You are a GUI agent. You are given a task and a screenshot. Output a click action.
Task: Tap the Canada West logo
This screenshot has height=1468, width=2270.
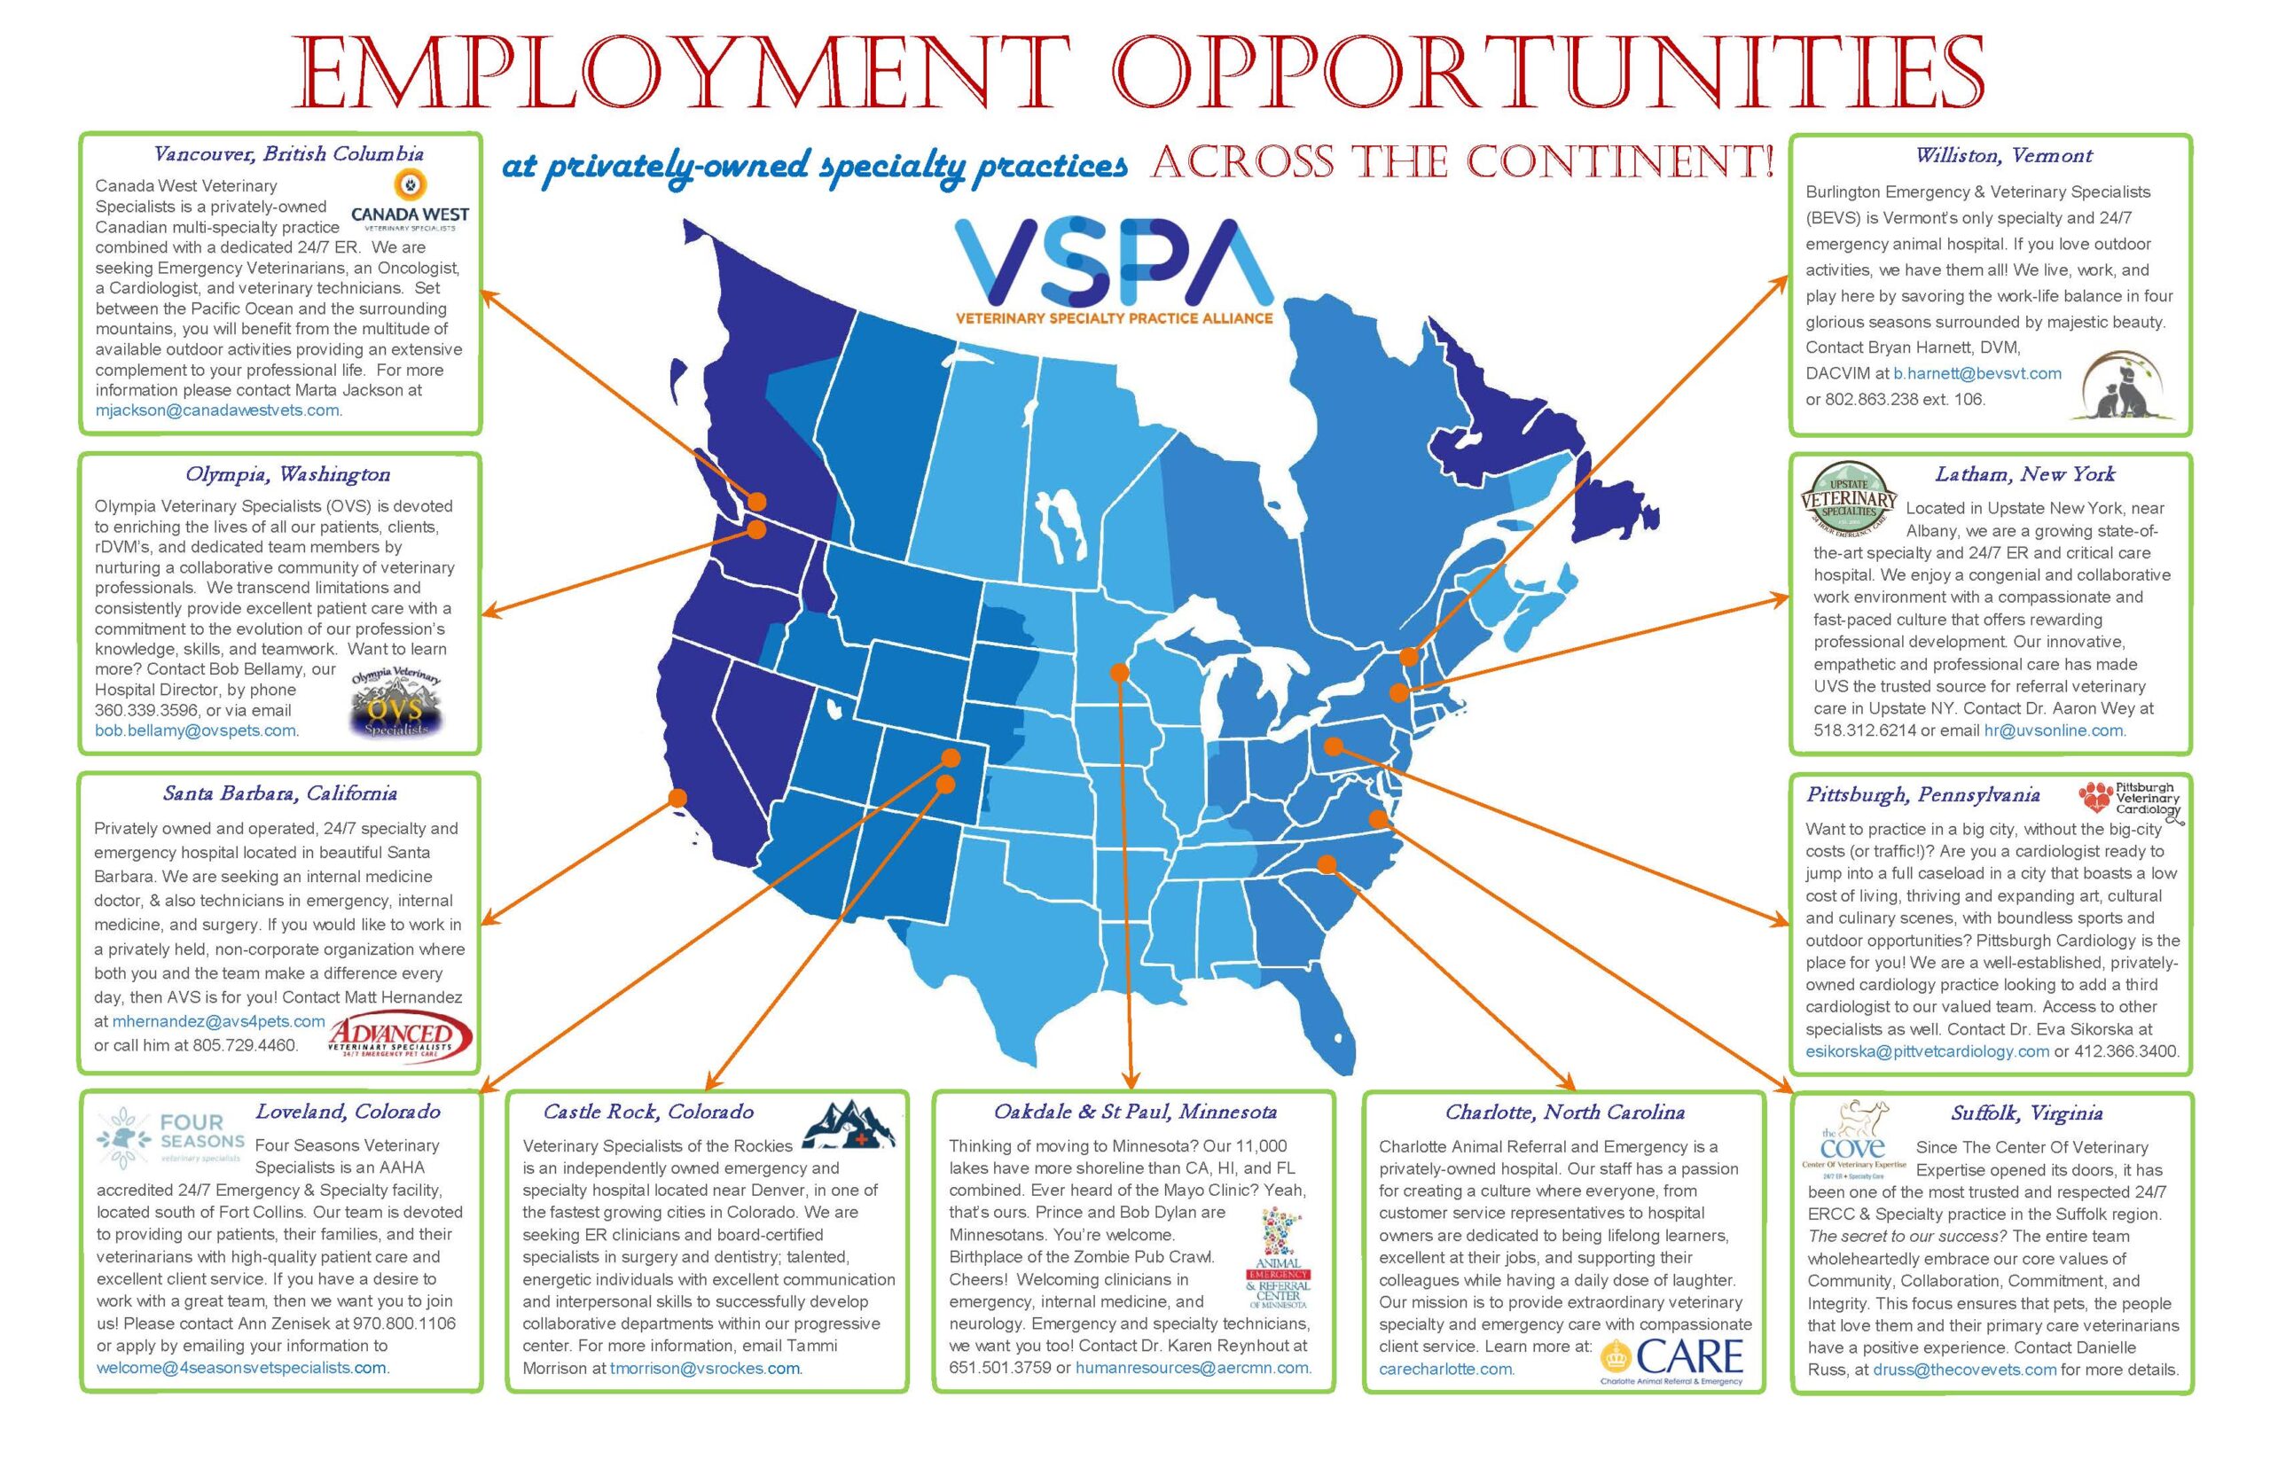[410, 201]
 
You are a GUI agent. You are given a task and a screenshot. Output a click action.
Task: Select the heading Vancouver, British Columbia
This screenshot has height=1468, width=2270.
[289, 154]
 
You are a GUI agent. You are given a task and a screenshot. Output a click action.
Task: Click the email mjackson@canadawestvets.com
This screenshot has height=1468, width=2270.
[218, 410]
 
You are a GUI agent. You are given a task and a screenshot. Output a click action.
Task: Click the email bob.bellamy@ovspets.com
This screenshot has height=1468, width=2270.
[195, 731]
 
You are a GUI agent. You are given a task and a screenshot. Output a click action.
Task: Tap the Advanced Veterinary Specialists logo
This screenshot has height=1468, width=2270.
[399, 1037]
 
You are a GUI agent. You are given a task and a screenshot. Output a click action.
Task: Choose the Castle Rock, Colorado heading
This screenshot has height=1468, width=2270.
[648, 1112]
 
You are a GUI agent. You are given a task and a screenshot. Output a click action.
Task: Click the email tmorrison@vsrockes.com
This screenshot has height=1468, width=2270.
[705, 1369]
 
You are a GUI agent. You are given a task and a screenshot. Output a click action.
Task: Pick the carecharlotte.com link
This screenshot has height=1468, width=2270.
[1445, 1370]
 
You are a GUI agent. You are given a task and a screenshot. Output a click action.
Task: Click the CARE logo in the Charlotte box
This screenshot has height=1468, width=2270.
[1673, 1357]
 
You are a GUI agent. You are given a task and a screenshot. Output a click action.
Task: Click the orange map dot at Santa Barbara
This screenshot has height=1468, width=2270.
[677, 798]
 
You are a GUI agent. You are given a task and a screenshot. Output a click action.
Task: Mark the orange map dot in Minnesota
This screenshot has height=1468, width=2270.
[1119, 673]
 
